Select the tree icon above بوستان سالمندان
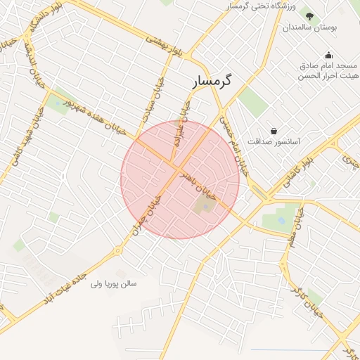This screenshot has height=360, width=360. [310, 15]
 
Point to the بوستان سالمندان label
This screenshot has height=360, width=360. [311, 27]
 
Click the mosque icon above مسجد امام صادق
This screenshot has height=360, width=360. [328, 56]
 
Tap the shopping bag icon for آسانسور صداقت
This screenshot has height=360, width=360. [274, 131]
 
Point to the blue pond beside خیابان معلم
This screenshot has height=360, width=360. [281, 220]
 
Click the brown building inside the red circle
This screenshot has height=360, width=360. [203, 207]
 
